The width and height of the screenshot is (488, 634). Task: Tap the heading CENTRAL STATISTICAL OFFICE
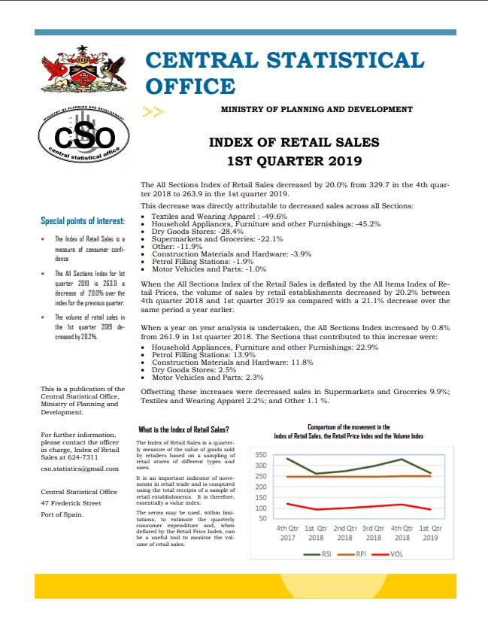[x=284, y=72]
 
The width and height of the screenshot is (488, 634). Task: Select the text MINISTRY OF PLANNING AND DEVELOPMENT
[x=317, y=110]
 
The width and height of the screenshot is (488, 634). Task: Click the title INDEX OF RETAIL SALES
[x=294, y=142]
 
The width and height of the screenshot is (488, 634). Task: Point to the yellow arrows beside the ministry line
[x=153, y=111]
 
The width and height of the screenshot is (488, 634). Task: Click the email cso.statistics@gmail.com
[x=80, y=469]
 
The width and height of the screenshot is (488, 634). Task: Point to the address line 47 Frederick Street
[x=71, y=502]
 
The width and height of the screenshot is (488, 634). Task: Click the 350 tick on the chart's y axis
[x=261, y=455]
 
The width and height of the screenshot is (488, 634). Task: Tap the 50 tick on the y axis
[x=262, y=518]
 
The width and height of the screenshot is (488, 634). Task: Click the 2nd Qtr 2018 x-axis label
[x=344, y=532]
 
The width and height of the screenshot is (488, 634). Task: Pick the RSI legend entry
[x=320, y=554]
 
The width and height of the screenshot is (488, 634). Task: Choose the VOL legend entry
[x=389, y=554]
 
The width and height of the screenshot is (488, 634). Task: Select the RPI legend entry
[x=356, y=554]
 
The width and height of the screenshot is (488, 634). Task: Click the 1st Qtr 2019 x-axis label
[x=430, y=532]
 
